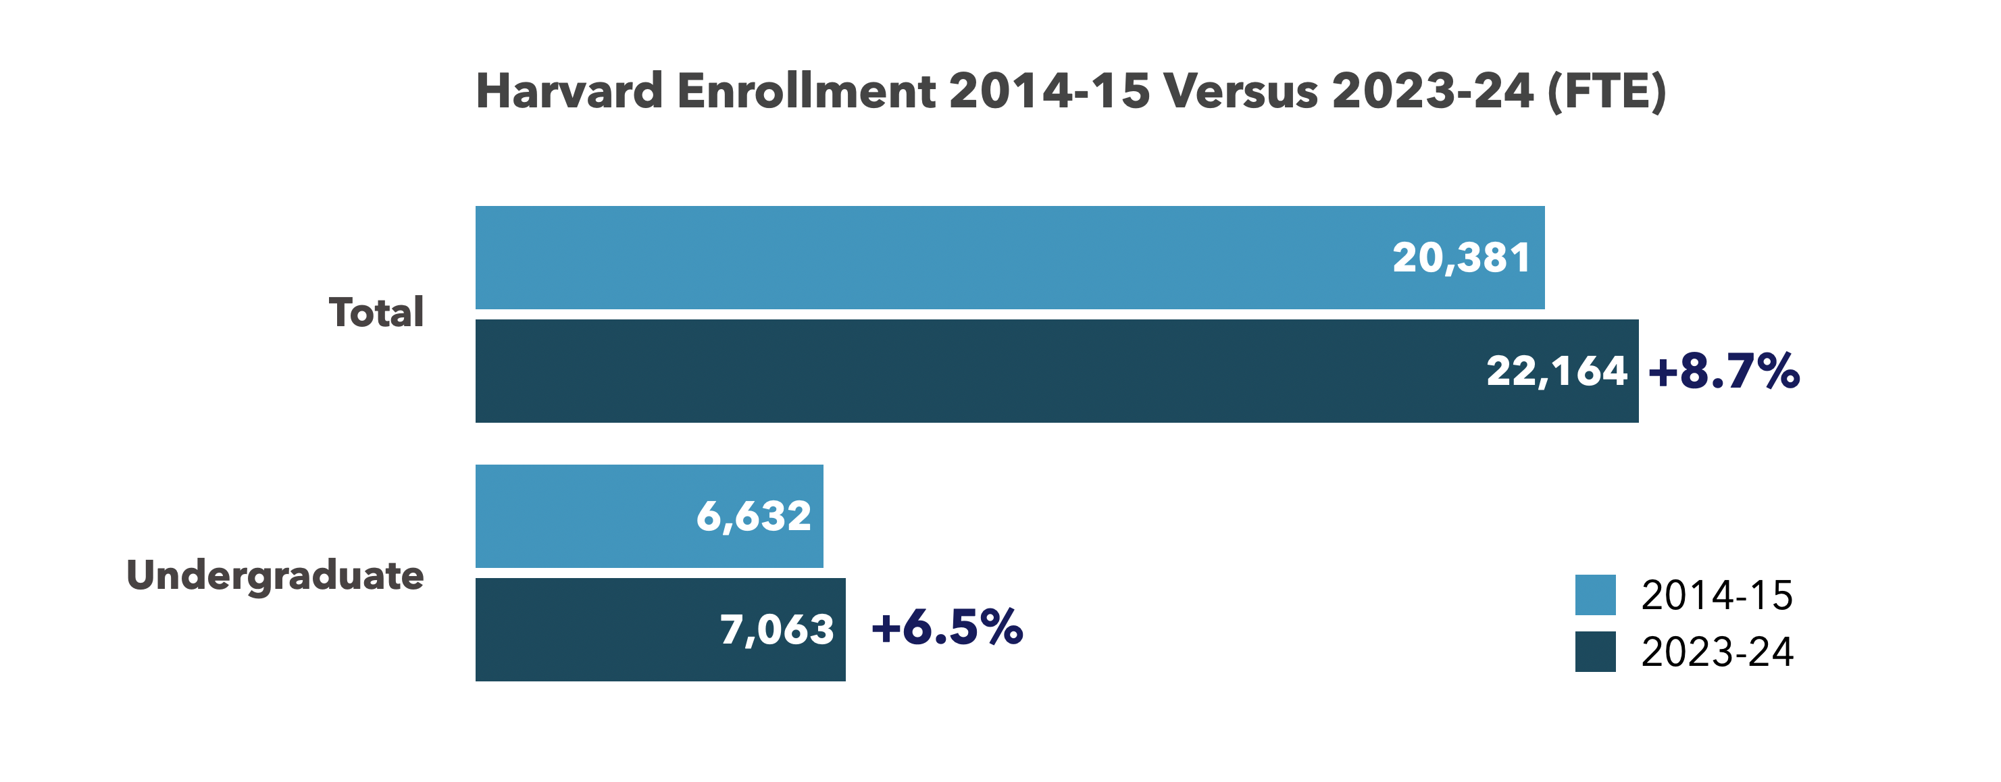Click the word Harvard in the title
569,92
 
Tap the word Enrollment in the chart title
805,92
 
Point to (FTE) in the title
1606,92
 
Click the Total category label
376,313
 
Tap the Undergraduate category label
275,575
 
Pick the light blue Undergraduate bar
582,516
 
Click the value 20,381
1461,258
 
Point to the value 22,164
1556,371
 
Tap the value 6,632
753,517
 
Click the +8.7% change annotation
1723,371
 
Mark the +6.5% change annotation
947,627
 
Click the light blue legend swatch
1595,595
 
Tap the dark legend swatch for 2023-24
1595,652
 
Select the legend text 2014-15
1717,596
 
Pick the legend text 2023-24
1717,652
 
